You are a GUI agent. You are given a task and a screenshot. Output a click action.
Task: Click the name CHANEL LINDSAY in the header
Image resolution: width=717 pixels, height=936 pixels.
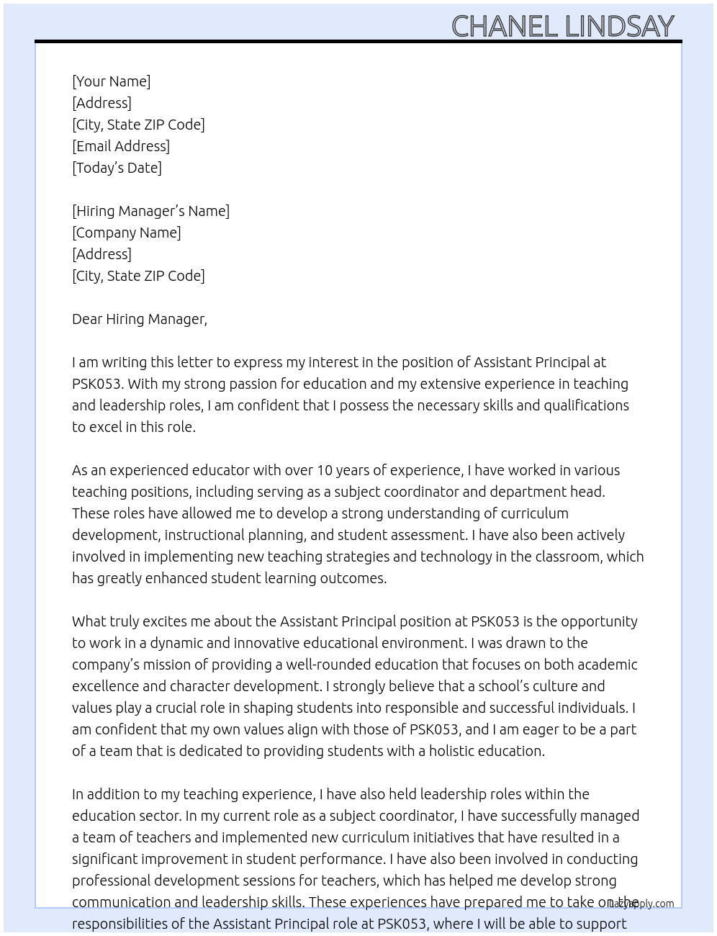click(x=562, y=26)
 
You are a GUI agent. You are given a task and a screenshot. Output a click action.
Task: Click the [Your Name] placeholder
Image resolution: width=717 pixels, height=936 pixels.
click(x=112, y=81)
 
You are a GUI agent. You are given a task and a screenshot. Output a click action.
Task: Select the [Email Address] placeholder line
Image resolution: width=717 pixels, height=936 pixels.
click(x=121, y=146)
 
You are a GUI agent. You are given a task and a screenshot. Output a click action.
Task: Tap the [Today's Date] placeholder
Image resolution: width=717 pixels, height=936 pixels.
click(x=117, y=168)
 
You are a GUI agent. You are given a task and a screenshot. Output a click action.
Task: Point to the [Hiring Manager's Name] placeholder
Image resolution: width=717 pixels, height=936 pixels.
click(x=150, y=211)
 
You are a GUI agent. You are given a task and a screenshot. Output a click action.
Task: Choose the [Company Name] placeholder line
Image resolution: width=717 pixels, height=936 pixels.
click(x=127, y=233)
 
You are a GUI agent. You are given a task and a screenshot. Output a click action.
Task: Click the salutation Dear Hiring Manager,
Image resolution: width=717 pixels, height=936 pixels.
click(x=140, y=319)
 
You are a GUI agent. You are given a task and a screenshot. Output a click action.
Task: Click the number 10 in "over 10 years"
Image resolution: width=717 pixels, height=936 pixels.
click(x=325, y=470)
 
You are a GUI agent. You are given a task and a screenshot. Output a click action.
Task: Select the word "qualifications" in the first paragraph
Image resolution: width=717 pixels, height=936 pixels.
click(x=586, y=405)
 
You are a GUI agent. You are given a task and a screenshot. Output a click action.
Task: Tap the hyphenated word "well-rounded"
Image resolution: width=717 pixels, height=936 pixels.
click(x=328, y=665)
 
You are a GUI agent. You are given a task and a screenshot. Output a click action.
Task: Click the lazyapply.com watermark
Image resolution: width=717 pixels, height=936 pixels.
click(x=641, y=904)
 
